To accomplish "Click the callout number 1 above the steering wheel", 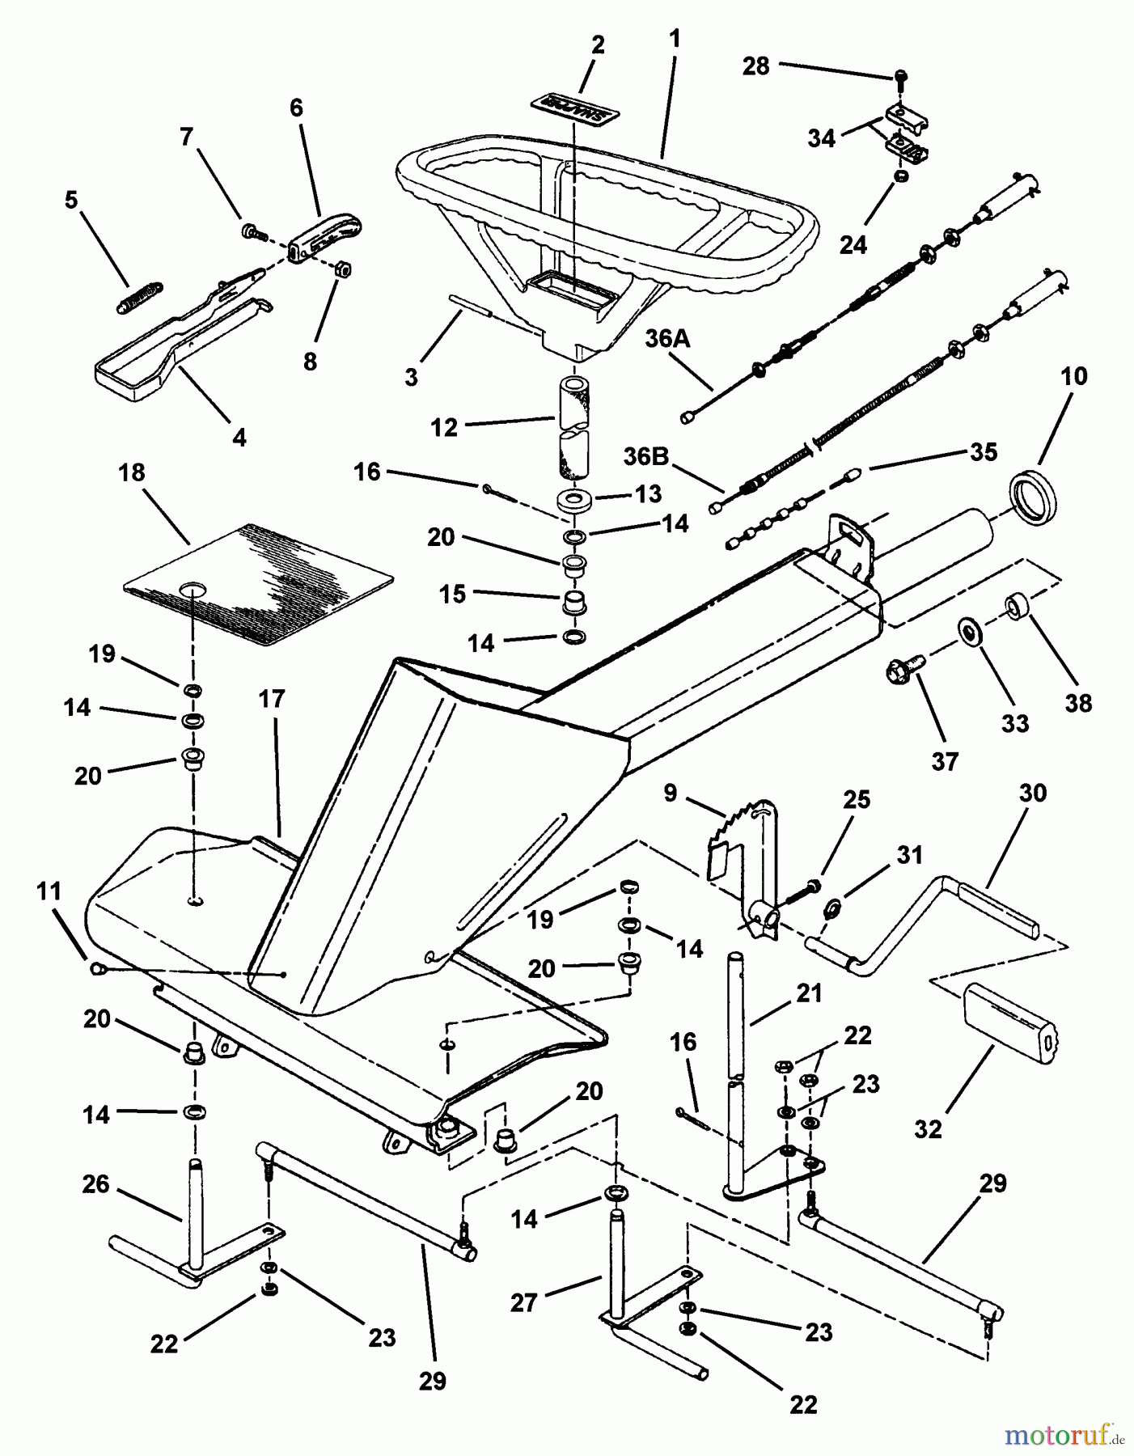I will pos(674,39).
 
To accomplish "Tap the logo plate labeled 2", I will pos(572,106).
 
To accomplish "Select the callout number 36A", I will pos(667,340).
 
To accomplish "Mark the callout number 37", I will pos(945,761).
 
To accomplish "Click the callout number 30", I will pos(1034,794).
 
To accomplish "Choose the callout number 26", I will pos(96,1185).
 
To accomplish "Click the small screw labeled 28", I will pos(902,78).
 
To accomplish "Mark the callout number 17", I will pos(272,699).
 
